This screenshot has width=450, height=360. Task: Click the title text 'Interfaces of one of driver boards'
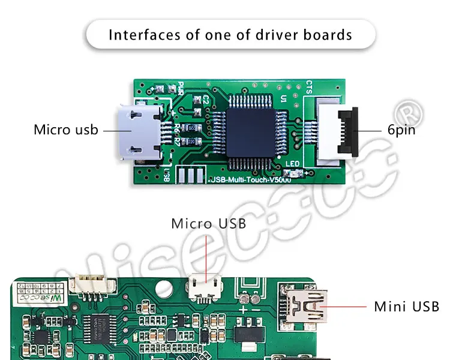coord(230,34)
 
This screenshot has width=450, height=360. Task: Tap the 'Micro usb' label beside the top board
coord(66,130)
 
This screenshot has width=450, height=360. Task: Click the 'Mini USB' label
coord(407,307)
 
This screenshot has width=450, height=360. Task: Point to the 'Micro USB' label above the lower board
coord(208,224)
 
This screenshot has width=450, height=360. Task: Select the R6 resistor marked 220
coord(191,128)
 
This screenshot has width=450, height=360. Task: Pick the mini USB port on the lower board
coord(307,306)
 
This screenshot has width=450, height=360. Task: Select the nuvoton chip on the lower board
coord(94,326)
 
